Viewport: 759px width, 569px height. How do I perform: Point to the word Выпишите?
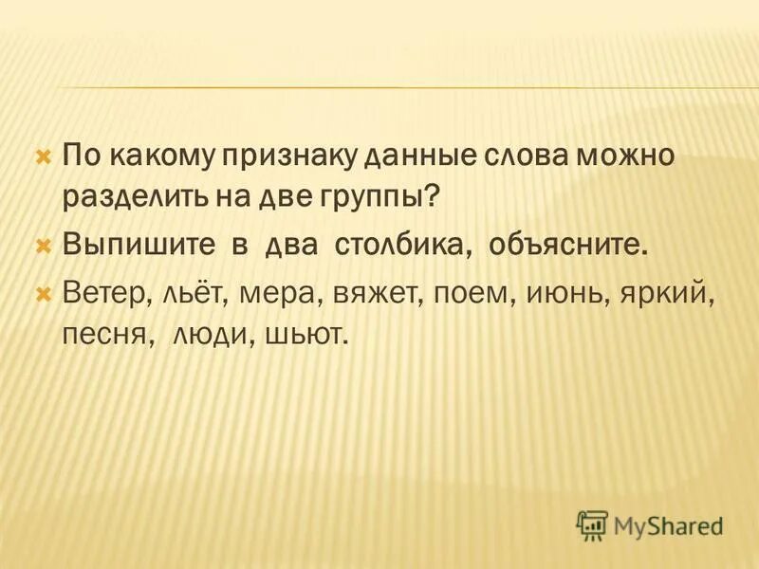141,247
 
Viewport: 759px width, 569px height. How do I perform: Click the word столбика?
402,247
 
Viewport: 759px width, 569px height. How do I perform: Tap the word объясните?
569,247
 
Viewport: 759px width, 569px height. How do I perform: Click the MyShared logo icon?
592,524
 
